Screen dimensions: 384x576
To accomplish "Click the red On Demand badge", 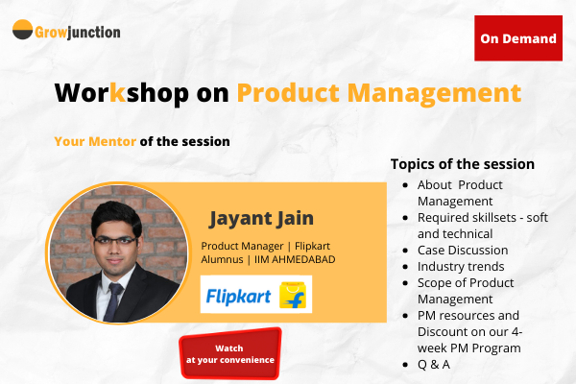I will (x=518, y=38).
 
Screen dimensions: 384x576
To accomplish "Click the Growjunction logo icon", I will (x=22, y=32).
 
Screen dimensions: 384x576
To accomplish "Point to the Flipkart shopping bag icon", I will (x=292, y=295).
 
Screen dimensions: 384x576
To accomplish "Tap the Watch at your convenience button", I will (x=230, y=353).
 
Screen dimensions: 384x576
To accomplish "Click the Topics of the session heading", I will (x=463, y=164).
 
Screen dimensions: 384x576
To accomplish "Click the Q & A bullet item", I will (x=433, y=364).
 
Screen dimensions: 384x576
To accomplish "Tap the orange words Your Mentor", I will (x=95, y=141).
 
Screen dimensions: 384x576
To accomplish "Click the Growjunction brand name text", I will (x=79, y=32).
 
